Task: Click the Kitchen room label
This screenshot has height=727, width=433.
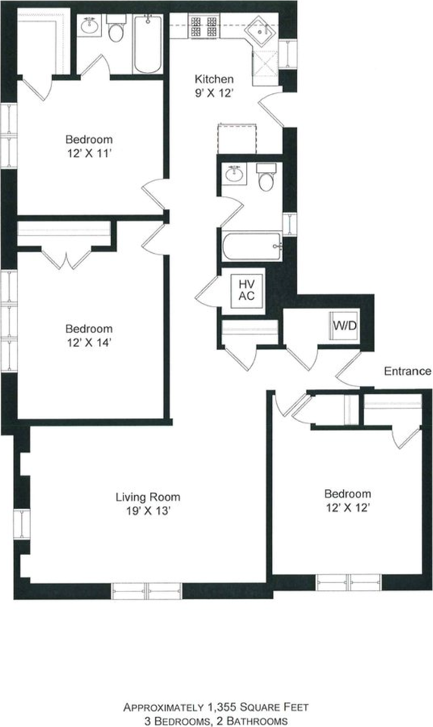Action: point(213,79)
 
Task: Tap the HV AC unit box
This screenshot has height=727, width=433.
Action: point(247,290)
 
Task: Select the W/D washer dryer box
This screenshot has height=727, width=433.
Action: point(344,326)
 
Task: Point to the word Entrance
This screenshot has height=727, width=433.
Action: point(407,371)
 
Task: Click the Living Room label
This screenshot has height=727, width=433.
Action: point(148,497)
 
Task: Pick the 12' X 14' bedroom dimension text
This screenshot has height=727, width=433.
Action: point(89,342)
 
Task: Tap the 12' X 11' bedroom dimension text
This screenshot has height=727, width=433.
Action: point(89,153)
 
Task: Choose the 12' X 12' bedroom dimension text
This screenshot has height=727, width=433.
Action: point(347,507)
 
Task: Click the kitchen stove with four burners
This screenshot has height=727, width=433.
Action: point(204,27)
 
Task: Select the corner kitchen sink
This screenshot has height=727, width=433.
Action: point(261,30)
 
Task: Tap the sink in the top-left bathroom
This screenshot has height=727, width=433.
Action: point(90,25)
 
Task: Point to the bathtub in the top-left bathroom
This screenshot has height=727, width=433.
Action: point(148,44)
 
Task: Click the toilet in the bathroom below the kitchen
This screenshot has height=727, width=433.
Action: point(266,177)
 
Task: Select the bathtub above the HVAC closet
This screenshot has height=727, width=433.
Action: point(252,246)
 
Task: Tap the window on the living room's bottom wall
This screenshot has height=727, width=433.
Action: point(147,591)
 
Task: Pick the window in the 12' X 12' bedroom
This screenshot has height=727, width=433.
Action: point(349,582)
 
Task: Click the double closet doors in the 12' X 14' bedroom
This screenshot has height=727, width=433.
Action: point(67,260)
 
